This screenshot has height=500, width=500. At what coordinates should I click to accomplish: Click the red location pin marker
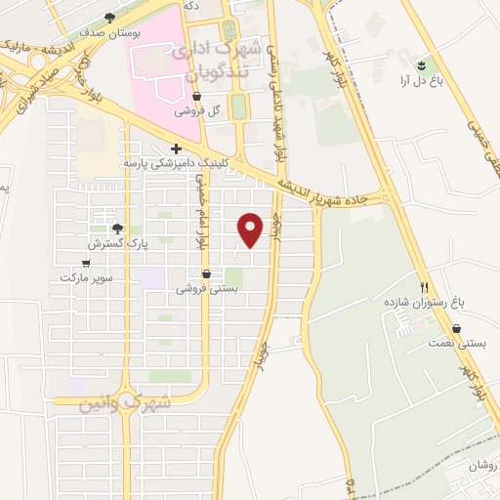coord(252,229)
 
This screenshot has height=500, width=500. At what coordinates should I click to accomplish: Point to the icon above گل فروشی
coord(198,97)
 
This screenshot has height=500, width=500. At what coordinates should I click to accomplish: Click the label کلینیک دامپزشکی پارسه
coord(177,163)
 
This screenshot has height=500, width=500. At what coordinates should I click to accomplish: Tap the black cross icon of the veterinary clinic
coord(176,148)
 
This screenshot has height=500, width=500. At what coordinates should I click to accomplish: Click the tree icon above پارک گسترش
coord(118,229)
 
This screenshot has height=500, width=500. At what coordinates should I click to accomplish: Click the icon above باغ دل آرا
coord(422,64)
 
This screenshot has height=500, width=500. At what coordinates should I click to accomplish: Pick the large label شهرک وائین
coord(127,401)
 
